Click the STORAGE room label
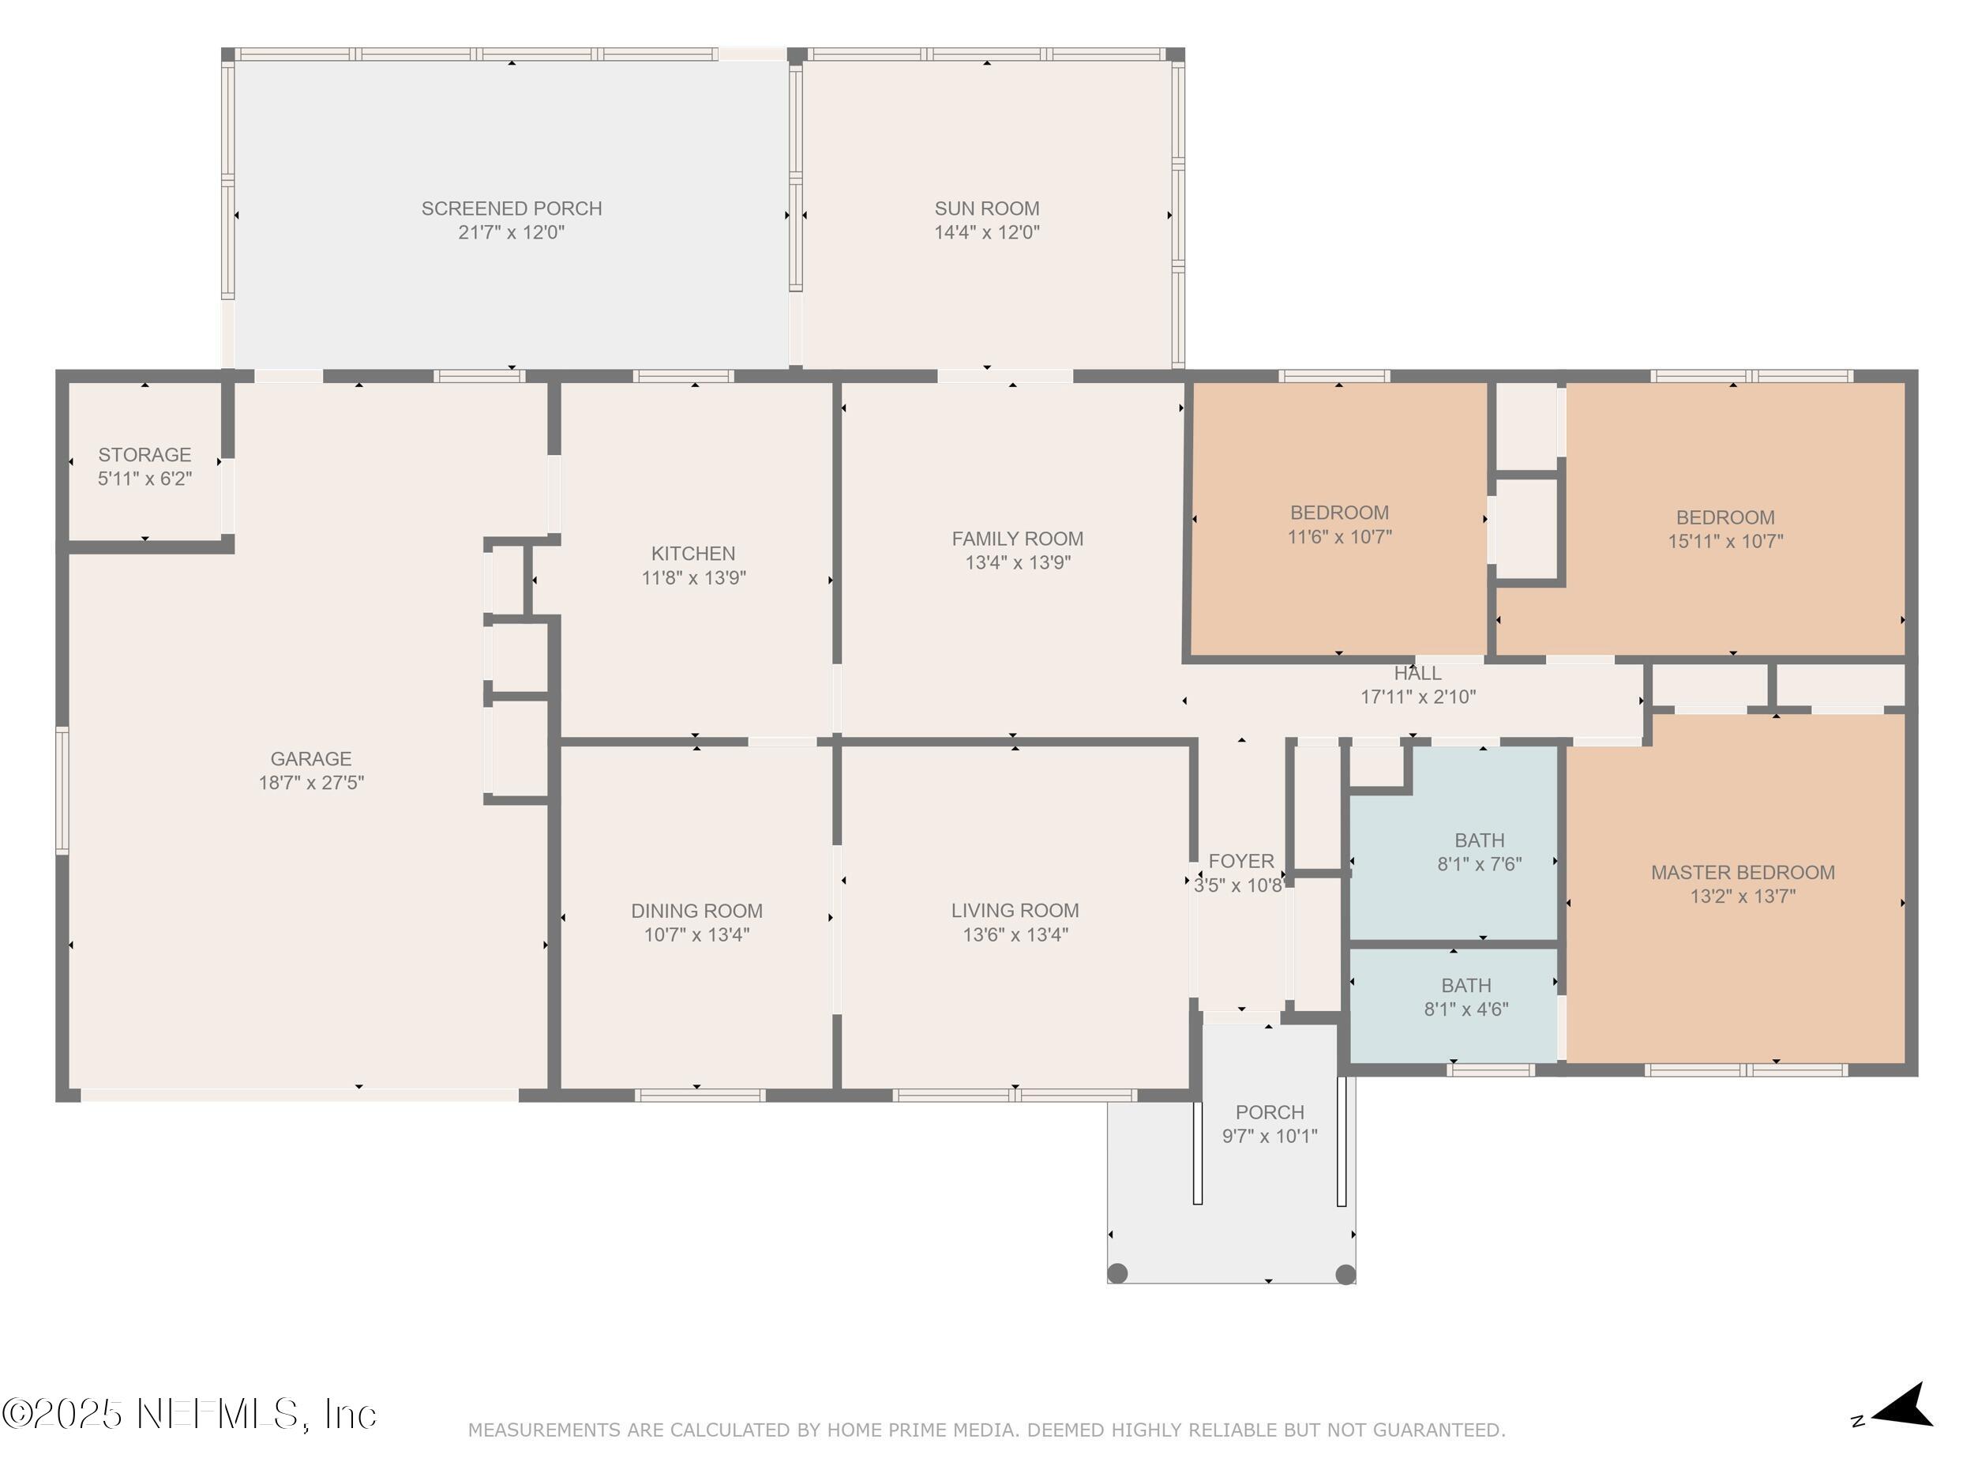[x=144, y=454]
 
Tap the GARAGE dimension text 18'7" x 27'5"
[x=311, y=783]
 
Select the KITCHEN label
[x=693, y=554]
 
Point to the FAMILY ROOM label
[x=1017, y=539]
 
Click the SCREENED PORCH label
[x=512, y=208]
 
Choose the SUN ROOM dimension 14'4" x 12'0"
[x=987, y=232]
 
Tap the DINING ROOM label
[x=697, y=911]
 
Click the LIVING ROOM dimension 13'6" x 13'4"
[x=1015, y=934]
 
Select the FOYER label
[x=1241, y=862]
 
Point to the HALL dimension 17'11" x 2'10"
[x=1418, y=697]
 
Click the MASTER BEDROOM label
[x=1743, y=872]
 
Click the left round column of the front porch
[x=1117, y=1273]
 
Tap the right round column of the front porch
[x=1345, y=1274]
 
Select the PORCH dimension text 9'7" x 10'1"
[x=1270, y=1137]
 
